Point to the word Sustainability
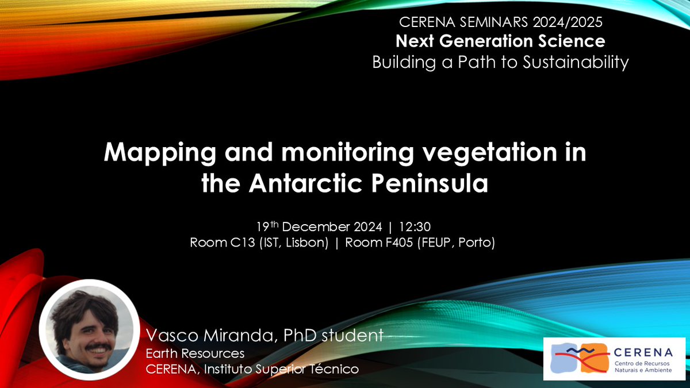coord(576,62)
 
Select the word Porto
coord(476,243)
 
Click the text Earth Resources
coord(195,353)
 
